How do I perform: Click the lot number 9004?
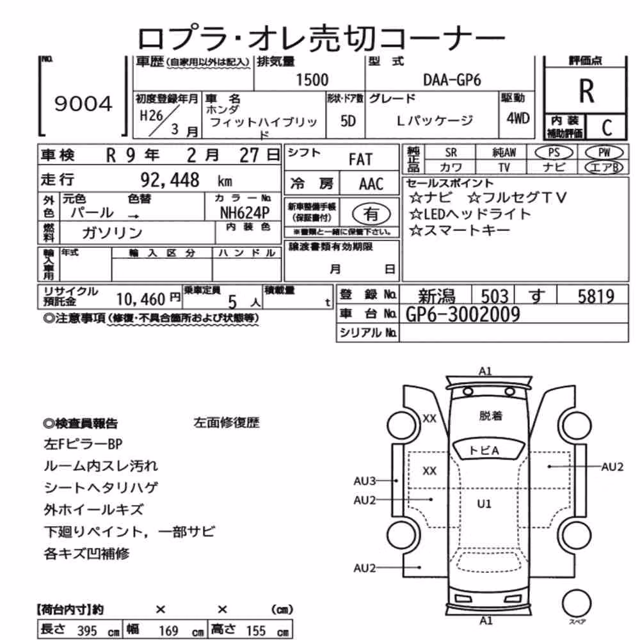pyautogui.click(x=83, y=104)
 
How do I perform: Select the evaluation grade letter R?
pyautogui.click(x=586, y=91)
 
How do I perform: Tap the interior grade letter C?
pyautogui.click(x=607, y=128)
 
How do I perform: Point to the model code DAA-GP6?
pyautogui.click(x=452, y=79)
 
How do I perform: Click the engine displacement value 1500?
pyautogui.click(x=312, y=79)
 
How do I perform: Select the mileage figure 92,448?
pyautogui.click(x=170, y=180)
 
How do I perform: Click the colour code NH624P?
pyautogui.click(x=244, y=212)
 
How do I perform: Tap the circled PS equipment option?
pyautogui.click(x=554, y=152)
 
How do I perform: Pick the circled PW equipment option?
pyautogui.click(x=604, y=152)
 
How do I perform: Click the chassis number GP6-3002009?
pyautogui.click(x=463, y=314)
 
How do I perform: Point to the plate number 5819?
pyautogui.click(x=596, y=296)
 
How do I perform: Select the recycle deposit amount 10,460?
pyautogui.click(x=140, y=299)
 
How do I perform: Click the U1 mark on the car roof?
pyautogui.click(x=484, y=504)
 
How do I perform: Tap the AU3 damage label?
pyautogui.click(x=365, y=481)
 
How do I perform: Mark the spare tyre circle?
pyautogui.click(x=577, y=603)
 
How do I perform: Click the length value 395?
pyautogui.click(x=87, y=630)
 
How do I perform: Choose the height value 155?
pyautogui.click(x=255, y=630)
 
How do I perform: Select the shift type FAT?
pyautogui.click(x=360, y=159)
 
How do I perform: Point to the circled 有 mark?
pyautogui.click(x=371, y=214)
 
